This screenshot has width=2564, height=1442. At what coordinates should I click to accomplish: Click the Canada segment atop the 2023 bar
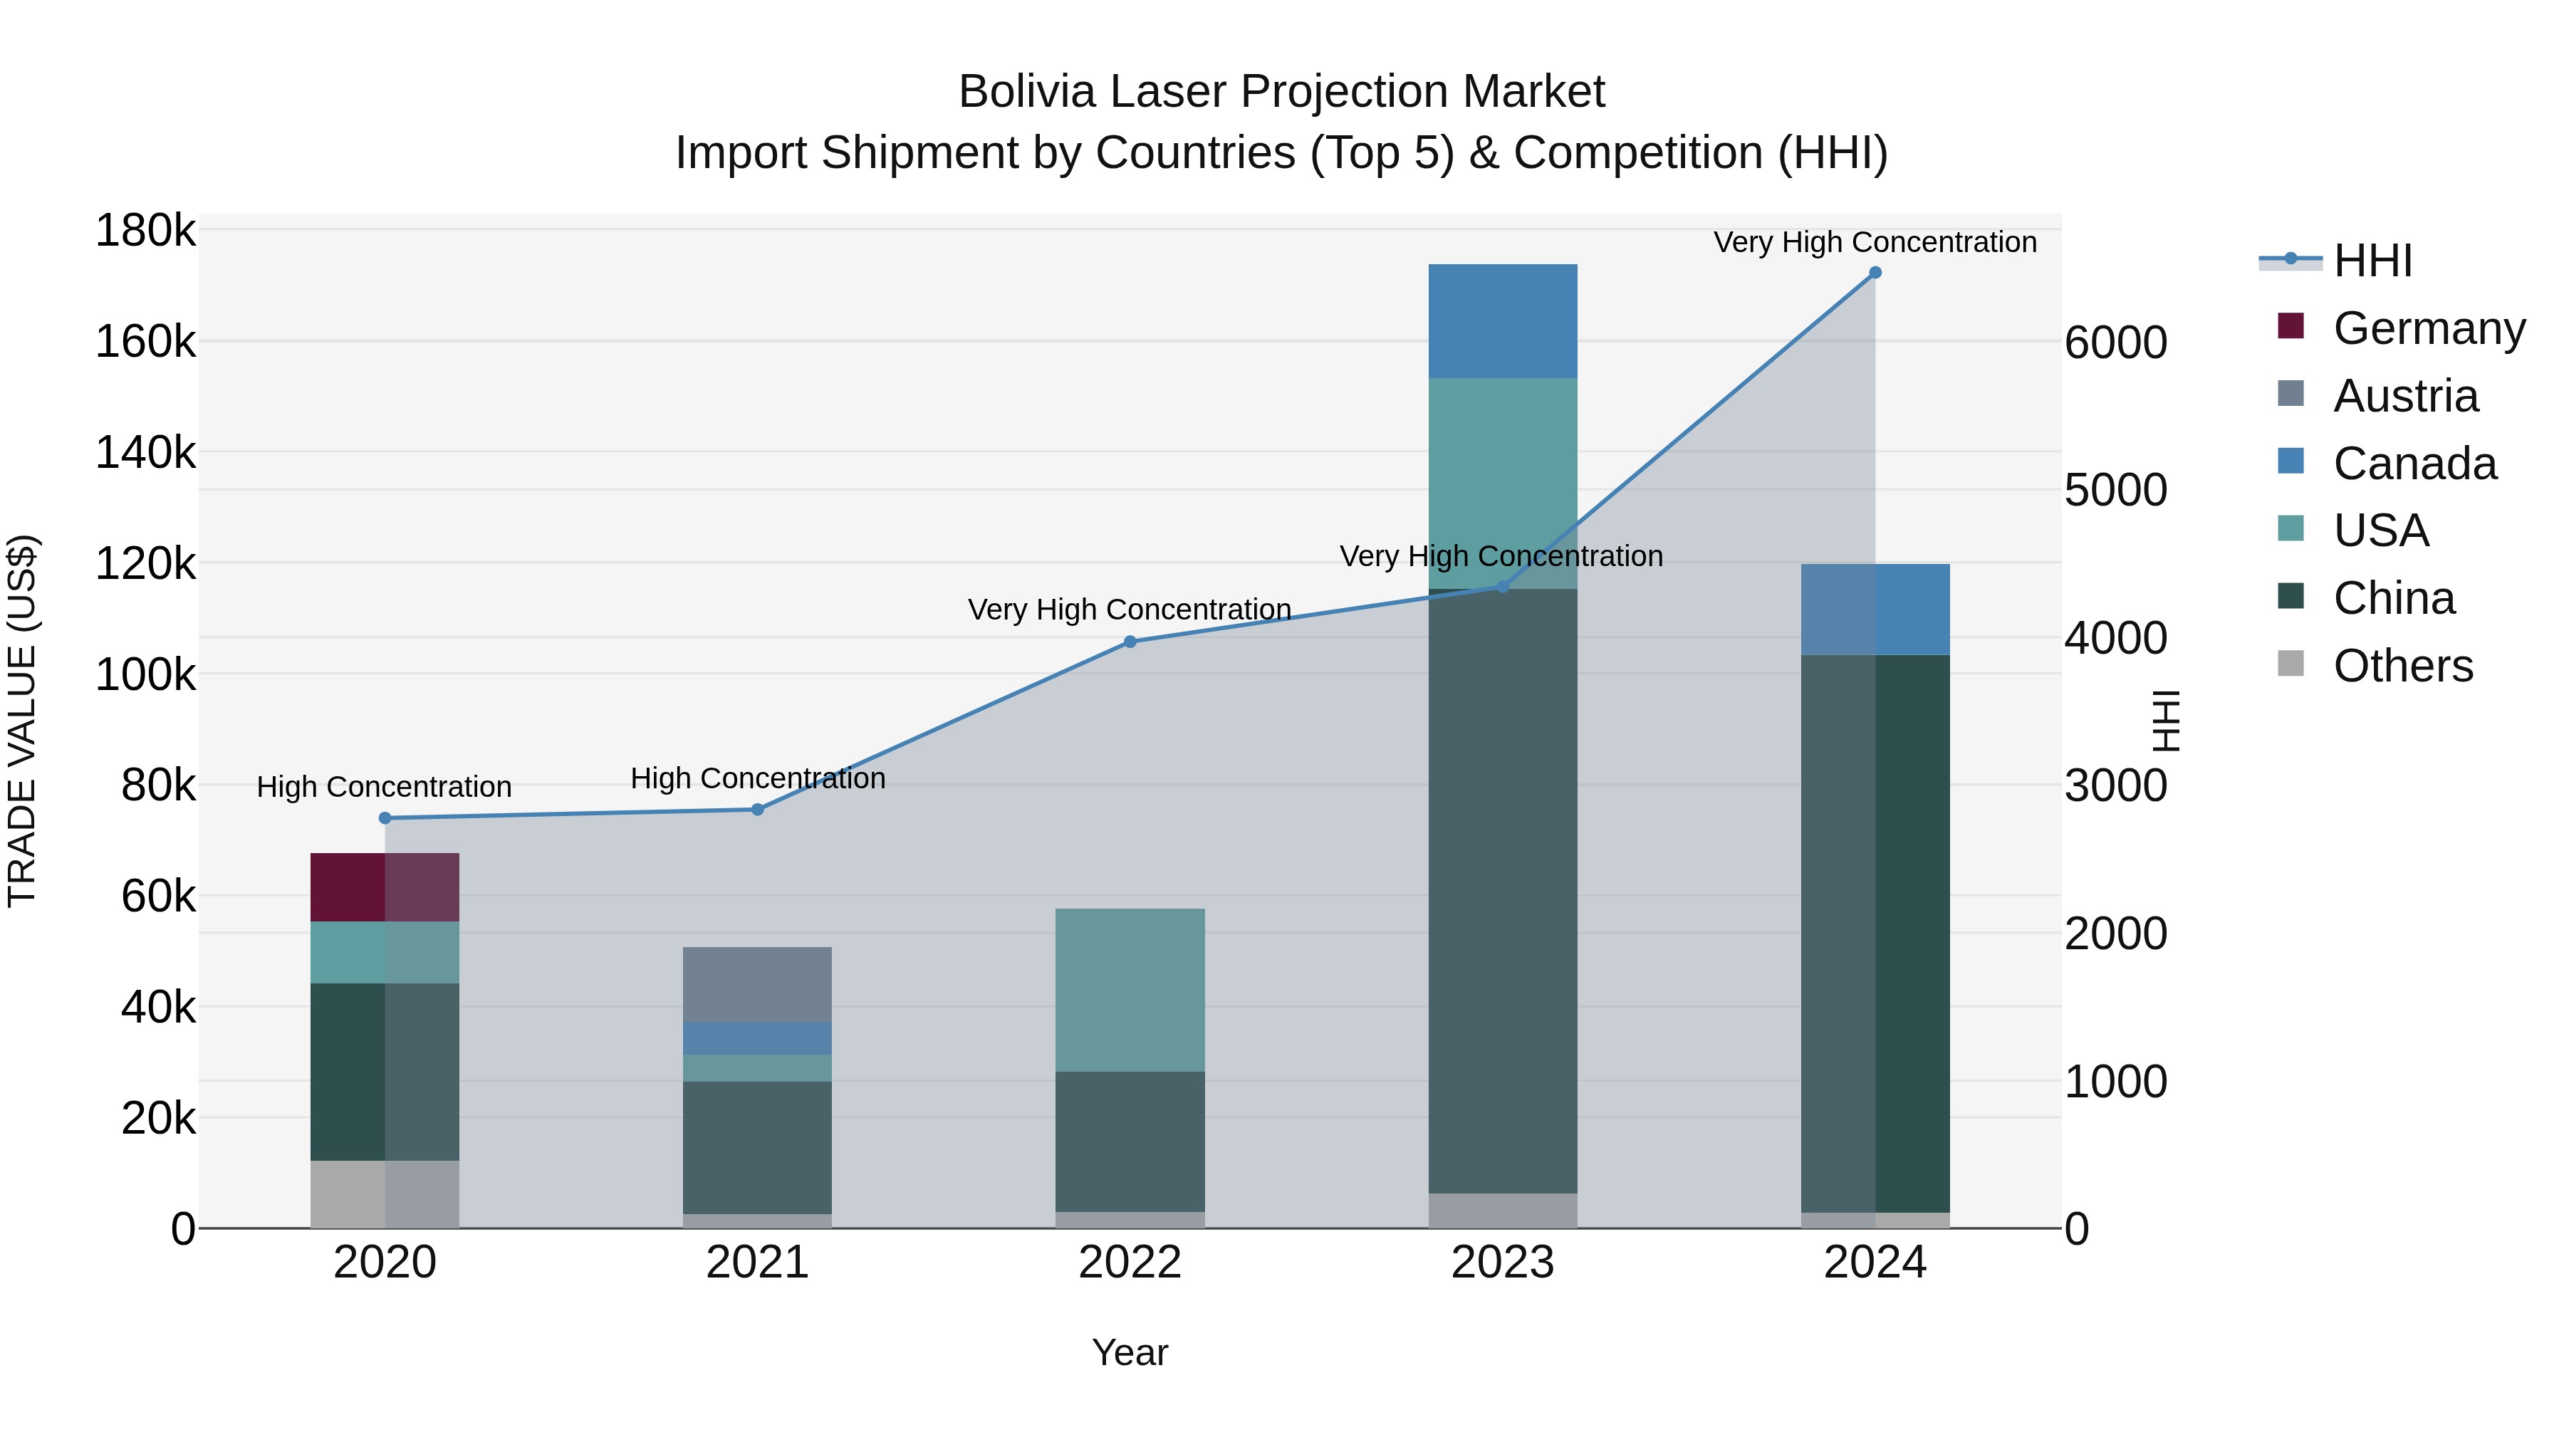1502,320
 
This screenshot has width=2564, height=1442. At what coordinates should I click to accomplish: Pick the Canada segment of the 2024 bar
1875,609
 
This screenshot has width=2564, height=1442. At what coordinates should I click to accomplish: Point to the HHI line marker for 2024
1875,273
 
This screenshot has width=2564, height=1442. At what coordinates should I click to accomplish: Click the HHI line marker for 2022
1130,642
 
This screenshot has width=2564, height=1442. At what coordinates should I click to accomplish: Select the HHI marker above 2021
758,809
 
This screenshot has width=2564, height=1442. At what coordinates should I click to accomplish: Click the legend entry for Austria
2404,396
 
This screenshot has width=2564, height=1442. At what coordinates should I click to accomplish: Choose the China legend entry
2393,598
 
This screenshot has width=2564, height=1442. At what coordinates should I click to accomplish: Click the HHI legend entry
2372,261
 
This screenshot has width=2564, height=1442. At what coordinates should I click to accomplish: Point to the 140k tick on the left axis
145,453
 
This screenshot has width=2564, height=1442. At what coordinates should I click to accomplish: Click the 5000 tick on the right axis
2115,490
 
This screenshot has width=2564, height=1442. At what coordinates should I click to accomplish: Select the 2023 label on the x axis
1502,1263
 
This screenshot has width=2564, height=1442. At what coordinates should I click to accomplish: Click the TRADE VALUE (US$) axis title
22,721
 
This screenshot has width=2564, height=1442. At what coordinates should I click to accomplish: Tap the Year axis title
1130,1352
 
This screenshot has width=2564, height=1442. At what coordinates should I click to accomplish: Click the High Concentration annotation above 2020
384,786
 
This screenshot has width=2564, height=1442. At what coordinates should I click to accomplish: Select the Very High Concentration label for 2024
1875,242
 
